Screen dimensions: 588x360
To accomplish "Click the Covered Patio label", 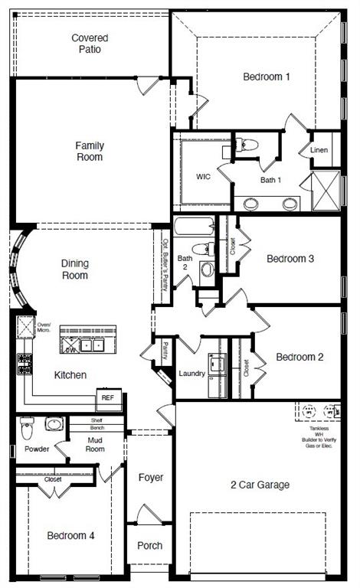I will (90, 44).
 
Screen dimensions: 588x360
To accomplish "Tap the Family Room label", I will (90, 151).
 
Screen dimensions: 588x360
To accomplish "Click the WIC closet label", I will (203, 177).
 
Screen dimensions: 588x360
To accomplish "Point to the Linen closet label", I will (319, 150).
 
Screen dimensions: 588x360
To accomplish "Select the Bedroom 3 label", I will (290, 259).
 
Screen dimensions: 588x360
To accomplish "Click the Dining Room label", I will (75, 269).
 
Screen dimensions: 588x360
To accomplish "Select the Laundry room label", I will (191, 373).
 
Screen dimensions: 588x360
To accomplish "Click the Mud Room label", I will (95, 445).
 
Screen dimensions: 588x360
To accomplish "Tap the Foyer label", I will (151, 478).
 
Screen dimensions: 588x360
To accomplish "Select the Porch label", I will (149, 546).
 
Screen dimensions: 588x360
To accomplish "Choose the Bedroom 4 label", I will (70, 535).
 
